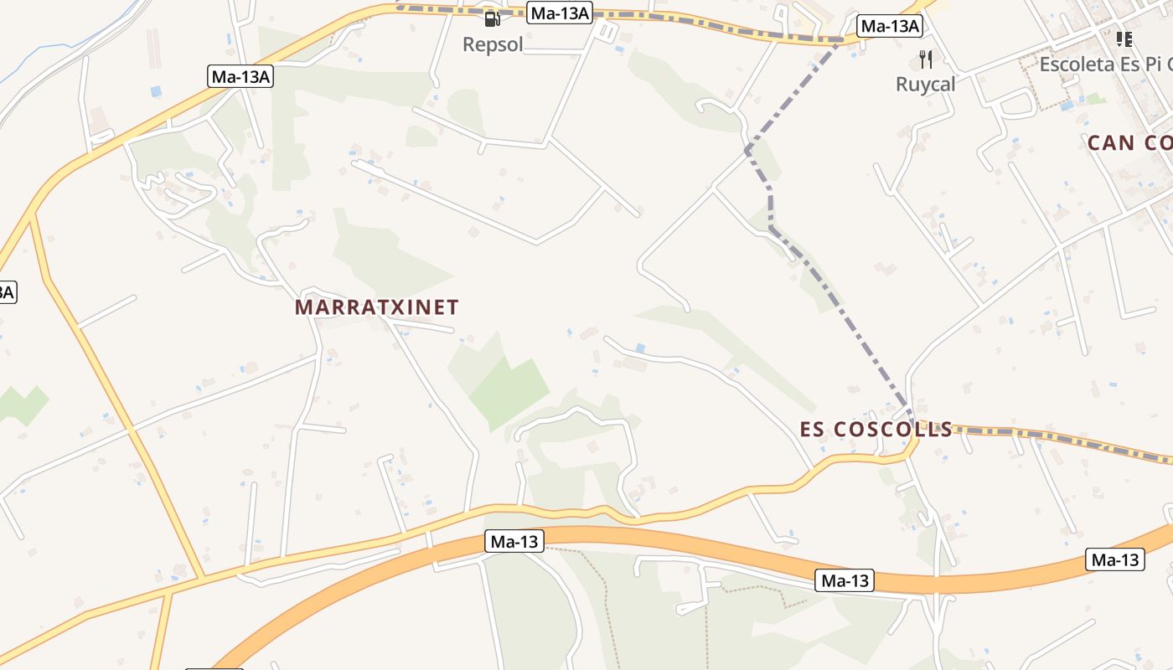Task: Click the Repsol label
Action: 493,44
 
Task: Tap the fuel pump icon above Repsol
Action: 493,18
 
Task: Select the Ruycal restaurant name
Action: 925,84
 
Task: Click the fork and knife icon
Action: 926,59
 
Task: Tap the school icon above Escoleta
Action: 1124,39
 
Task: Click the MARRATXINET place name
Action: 377,307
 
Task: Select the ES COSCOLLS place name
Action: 876,430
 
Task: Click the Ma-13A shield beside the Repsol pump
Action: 560,13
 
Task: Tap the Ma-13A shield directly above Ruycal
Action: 890,27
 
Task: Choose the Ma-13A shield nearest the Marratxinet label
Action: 241,77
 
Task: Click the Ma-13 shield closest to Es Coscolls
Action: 845,580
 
